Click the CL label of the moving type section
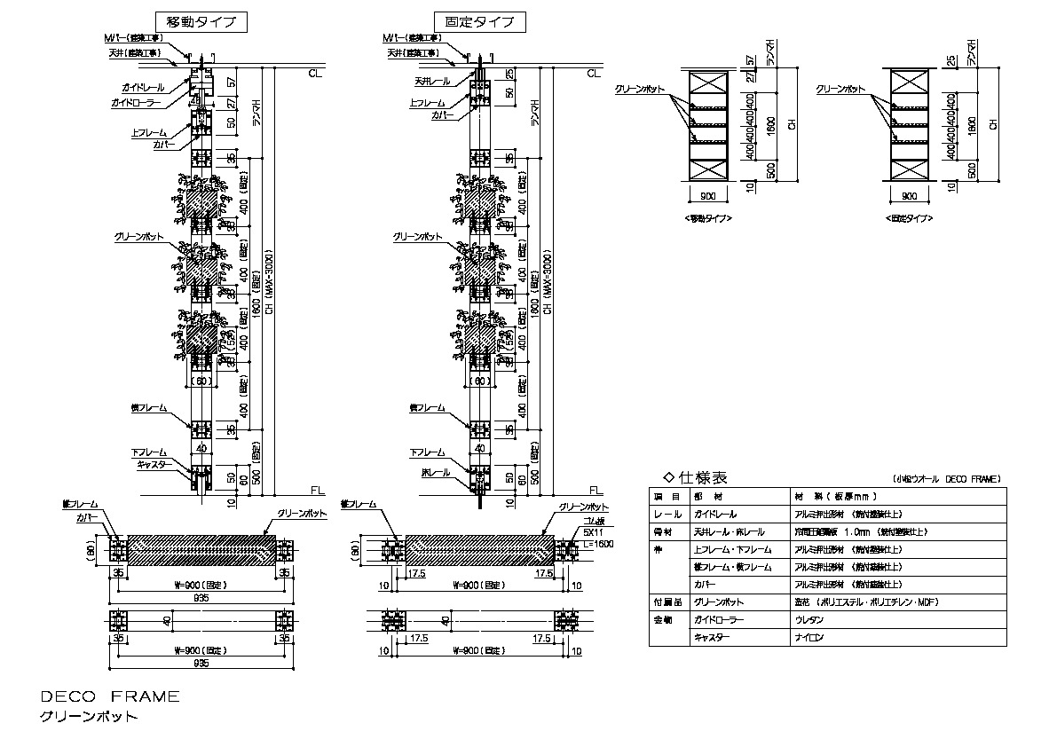coord(316,74)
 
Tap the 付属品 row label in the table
coord(667,602)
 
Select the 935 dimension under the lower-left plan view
coord(201,662)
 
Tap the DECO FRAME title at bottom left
coord(110,696)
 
